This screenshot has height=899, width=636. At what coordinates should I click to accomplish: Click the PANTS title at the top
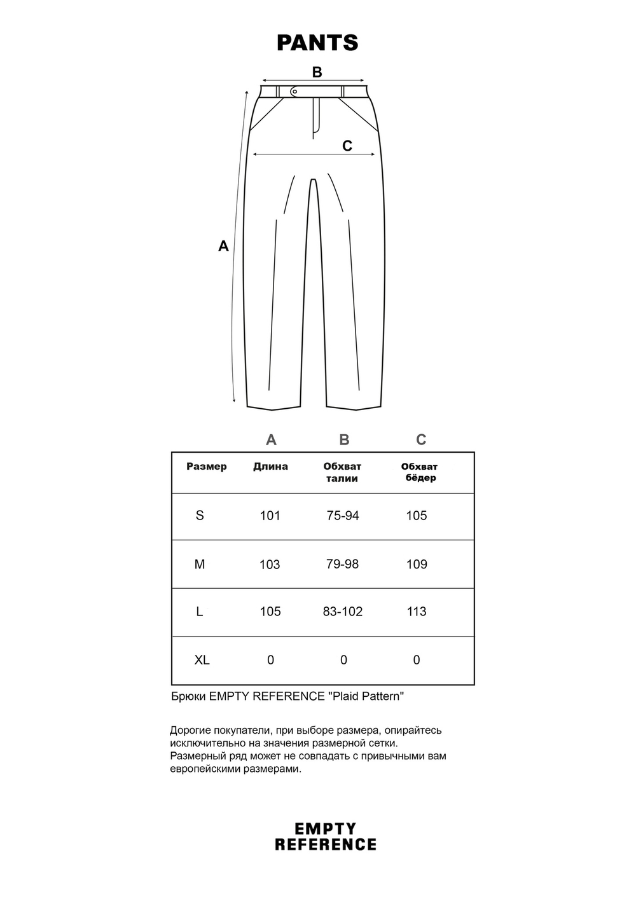pos(317,43)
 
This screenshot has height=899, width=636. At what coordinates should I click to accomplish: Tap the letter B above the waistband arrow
pos(317,72)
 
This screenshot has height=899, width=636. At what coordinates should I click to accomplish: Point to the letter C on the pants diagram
pos(347,146)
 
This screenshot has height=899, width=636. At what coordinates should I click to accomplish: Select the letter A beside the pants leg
pos(223,246)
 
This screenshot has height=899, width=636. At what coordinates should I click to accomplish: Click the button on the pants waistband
pos(294,92)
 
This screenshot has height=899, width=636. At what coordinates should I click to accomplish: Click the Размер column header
pos(206,467)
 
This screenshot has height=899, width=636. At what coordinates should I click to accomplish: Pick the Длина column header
pos(270,467)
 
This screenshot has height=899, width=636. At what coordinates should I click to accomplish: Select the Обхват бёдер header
pos(420,472)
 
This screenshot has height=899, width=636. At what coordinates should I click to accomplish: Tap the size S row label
pos(200,516)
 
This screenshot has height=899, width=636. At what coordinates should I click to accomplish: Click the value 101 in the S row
pos(270,516)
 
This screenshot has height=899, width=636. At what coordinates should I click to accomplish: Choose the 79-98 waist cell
pos(342,564)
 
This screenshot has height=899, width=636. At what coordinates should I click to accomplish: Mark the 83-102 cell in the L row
pos(342,612)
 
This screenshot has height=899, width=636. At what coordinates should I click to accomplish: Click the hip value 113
pos(417,612)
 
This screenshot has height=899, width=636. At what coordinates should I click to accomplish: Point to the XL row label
pos(202,660)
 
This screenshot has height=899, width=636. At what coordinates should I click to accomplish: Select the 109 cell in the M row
pos(417,564)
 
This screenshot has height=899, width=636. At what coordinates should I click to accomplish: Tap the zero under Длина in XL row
pos(270,660)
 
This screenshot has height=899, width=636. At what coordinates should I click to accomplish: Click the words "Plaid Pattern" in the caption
pos(366,696)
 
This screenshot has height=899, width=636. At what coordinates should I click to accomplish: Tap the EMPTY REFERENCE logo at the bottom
pos(325,837)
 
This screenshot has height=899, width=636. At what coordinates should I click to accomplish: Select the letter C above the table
pos(421,440)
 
